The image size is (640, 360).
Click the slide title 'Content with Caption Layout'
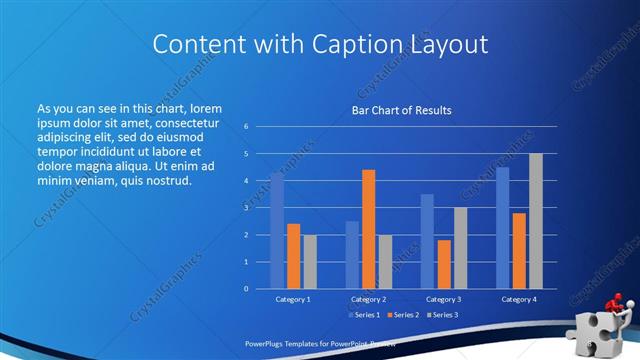coord(319,44)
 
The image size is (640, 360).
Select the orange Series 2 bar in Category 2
coord(368,229)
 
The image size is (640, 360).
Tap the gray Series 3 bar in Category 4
coord(536,221)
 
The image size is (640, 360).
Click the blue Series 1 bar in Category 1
coord(277,230)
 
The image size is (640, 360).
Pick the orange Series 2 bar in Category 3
coord(443,264)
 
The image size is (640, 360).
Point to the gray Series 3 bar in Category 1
coord(310,261)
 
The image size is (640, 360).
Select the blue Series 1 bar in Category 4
coord(502,227)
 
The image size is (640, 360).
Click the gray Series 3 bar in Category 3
coord(460,248)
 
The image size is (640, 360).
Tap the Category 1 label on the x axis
coord(293,299)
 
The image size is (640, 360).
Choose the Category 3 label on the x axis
coord(443,299)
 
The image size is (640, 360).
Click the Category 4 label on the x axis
coord(518,299)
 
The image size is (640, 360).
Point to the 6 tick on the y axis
coord(246,127)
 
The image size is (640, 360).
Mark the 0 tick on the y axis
coord(246,288)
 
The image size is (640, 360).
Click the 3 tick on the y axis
coord(246,208)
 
